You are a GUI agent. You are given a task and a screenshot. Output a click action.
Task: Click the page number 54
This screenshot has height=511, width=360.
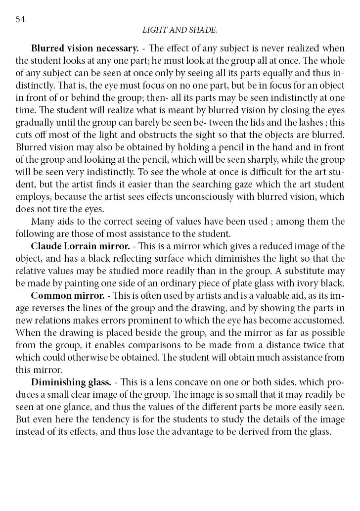pos(20,19)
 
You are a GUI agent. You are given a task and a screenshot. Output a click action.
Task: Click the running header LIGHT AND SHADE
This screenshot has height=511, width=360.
pos(180,30)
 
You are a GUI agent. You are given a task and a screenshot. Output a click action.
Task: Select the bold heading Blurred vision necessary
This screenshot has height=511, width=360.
pos(85,48)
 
